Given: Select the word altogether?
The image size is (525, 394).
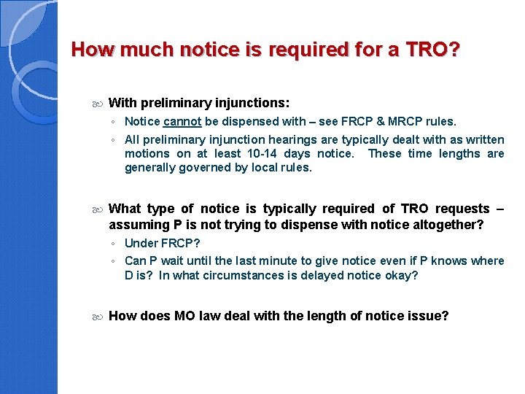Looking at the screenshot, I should [x=443, y=225].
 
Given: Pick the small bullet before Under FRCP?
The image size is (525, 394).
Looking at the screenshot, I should [x=113, y=244].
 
